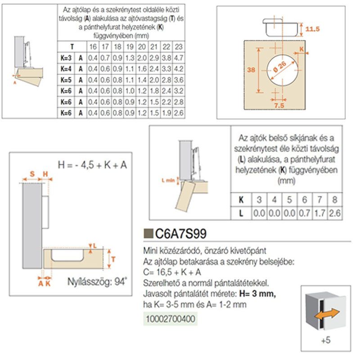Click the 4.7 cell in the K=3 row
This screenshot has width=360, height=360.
[x=179, y=58]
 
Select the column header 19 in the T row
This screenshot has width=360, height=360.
[x=130, y=47]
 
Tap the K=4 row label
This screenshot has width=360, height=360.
[x=66, y=69]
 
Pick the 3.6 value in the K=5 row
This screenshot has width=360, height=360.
[x=179, y=80]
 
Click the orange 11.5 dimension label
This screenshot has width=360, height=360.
[x=312, y=29]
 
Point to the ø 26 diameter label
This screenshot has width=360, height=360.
[x=279, y=67]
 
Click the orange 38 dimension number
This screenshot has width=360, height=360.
[x=251, y=69]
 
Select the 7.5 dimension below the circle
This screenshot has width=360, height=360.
[x=279, y=105]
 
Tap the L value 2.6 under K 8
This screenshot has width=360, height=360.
[x=334, y=213]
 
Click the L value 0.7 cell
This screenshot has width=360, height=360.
[x=305, y=213]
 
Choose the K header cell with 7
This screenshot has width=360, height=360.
[x=319, y=199]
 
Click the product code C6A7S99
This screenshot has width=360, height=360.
[x=181, y=234]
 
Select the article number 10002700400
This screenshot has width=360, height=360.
[x=171, y=319]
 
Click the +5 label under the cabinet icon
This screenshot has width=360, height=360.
[x=326, y=340]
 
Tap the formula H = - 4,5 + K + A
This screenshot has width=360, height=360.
[x=92, y=165]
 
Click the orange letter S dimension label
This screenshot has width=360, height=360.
[x=32, y=174]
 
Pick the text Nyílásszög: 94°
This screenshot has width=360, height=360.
[x=97, y=282]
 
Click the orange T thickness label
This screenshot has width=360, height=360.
[x=113, y=260]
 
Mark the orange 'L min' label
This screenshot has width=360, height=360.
[x=168, y=180]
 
